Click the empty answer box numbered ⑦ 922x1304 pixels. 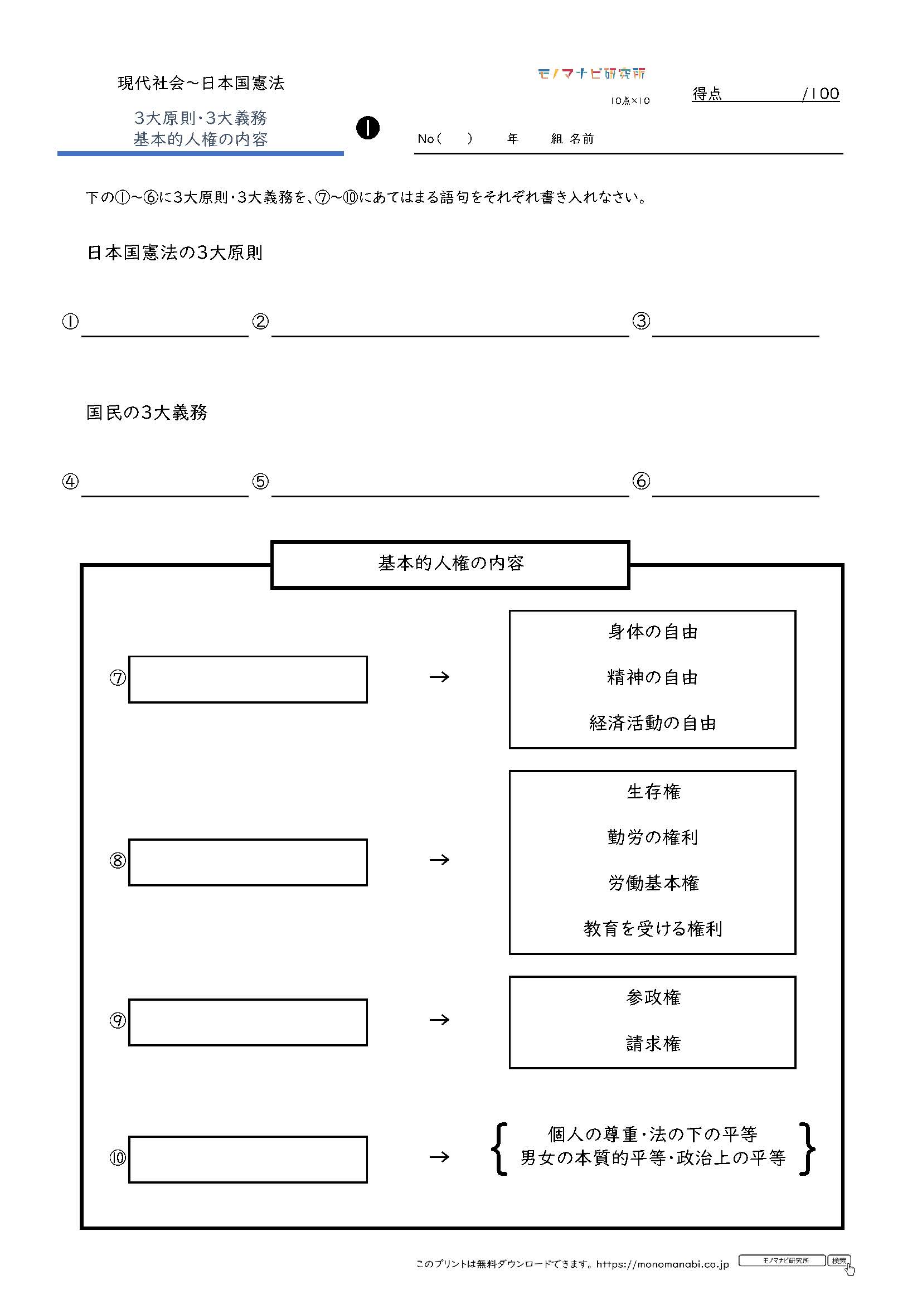[248, 679]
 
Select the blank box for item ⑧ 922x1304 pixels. [248, 862]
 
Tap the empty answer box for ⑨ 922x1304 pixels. [248, 1022]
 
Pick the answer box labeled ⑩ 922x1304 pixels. [248, 1160]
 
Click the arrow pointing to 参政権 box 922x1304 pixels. [439, 1020]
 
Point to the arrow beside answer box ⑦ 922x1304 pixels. [439, 677]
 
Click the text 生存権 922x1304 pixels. [653, 792]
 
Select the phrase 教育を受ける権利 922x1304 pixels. [653, 929]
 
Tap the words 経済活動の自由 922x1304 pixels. [653, 723]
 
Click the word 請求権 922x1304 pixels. [653, 1043]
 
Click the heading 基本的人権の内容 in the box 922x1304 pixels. [451, 563]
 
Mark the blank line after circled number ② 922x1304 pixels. [450, 337]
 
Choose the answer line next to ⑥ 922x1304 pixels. [736, 496]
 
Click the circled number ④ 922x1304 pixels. [70, 482]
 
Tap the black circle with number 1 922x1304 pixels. [368, 128]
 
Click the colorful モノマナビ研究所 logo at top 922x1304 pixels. [591, 73]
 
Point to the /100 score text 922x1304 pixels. [821, 94]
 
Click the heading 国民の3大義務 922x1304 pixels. [147, 413]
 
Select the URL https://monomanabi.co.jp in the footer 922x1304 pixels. [663, 1264]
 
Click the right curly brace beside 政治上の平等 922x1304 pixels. [807, 1148]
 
